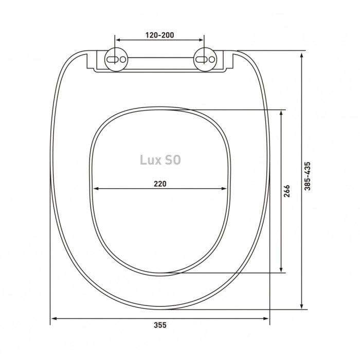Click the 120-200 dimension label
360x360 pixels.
(160, 35)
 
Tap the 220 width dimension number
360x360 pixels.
(160, 184)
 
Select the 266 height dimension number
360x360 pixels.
(287, 191)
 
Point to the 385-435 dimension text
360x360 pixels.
(307, 176)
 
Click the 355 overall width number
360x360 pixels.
(160, 325)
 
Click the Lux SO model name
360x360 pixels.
(160, 160)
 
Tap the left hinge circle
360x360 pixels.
(116, 60)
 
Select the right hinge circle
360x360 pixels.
(205, 60)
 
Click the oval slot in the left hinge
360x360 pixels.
(112, 60)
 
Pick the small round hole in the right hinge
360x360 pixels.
(212, 60)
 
